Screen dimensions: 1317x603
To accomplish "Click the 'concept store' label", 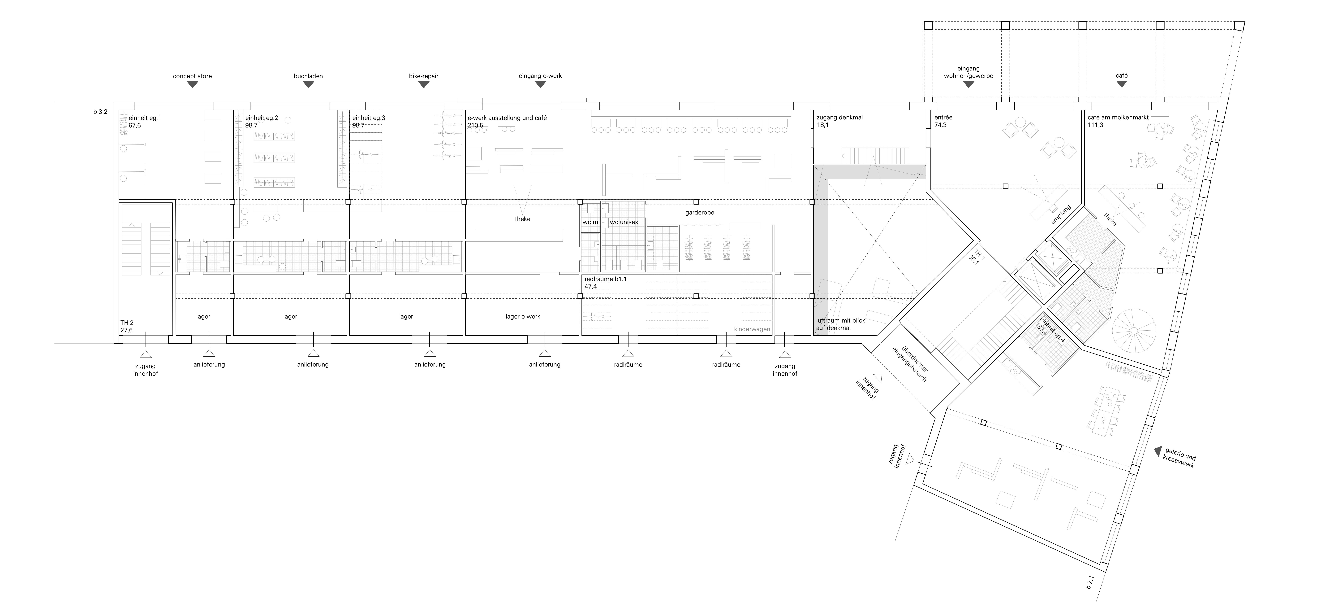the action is tap(192, 76).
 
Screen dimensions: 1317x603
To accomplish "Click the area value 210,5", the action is tap(475, 125).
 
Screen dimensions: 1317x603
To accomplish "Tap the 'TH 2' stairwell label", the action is tap(127, 323).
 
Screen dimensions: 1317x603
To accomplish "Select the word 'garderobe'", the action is tap(700, 212).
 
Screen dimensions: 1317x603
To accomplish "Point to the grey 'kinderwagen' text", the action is tap(752, 329).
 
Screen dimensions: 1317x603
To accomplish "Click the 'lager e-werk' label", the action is tap(523, 317).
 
